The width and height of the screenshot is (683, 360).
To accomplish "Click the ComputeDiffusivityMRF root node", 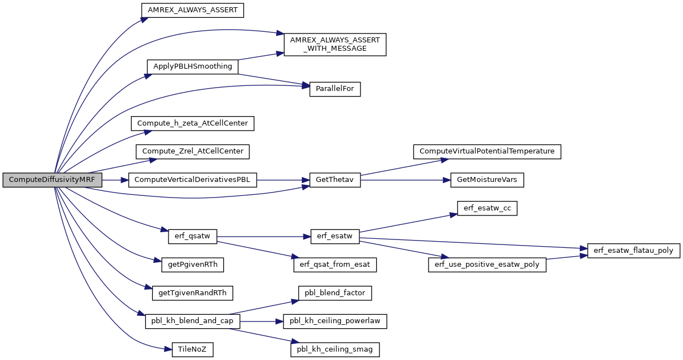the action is coord(52,180).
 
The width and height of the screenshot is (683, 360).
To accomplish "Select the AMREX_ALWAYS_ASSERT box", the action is coord(193,11).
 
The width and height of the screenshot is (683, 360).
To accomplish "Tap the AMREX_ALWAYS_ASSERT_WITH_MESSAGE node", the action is coord(335,45).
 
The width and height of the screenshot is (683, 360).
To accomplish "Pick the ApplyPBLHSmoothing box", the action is coord(193,66).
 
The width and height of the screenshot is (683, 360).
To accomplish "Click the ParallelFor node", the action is coord(335,89).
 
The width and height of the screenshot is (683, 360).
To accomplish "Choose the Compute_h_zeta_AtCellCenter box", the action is coord(193,123).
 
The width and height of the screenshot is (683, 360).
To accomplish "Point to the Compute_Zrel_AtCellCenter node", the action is coord(193,152).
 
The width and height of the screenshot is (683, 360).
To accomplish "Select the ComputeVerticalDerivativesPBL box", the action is coord(193,180).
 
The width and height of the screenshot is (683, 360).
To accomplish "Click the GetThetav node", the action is coord(335,180).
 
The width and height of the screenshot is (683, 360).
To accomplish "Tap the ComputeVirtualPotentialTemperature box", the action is coord(487,152).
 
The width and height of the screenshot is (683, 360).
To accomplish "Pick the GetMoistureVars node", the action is coord(487,180).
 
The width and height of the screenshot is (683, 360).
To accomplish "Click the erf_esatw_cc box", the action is coord(487,208).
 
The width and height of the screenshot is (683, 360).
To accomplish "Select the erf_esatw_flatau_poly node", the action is coord(633,251).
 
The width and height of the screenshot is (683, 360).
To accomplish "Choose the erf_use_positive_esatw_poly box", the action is coord(487,265).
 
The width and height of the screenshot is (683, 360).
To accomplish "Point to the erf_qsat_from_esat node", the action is coord(335,265).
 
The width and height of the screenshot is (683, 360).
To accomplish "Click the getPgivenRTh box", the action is coord(193,265).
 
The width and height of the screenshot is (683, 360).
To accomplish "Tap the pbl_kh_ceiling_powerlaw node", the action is coord(335,321).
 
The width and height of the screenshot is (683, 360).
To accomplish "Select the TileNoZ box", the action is coord(193,349).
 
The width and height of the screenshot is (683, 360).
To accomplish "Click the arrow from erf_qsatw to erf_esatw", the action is coord(264,237).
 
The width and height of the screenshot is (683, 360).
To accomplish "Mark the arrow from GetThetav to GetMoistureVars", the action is coord(406,180).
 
